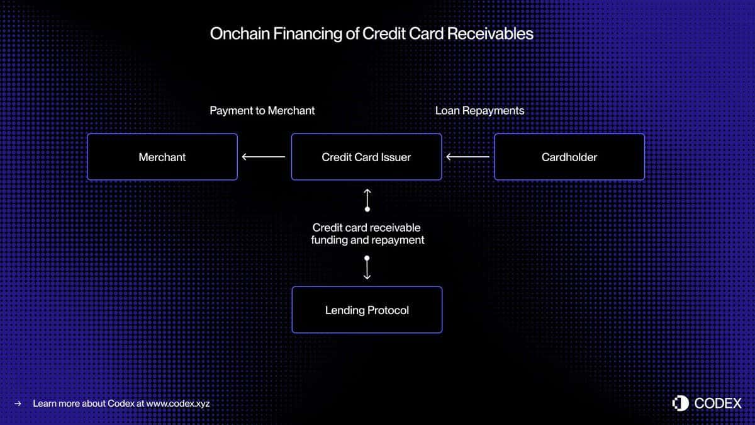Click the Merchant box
[162, 157]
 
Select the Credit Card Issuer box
[366, 157]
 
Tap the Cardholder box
[569, 157]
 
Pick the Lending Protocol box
[367, 310]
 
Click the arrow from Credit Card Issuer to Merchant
[264, 157]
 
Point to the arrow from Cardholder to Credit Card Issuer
[468, 157]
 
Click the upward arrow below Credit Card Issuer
[367, 200]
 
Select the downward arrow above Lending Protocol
[367, 268]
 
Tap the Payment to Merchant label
[262, 111]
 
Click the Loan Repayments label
[479, 111]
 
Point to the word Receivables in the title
[490, 34]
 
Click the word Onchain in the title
[240, 34]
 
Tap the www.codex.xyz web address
[178, 404]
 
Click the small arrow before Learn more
[18, 404]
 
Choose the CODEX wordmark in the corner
[718, 404]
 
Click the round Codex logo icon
[681, 404]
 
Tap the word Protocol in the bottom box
[388, 310]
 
